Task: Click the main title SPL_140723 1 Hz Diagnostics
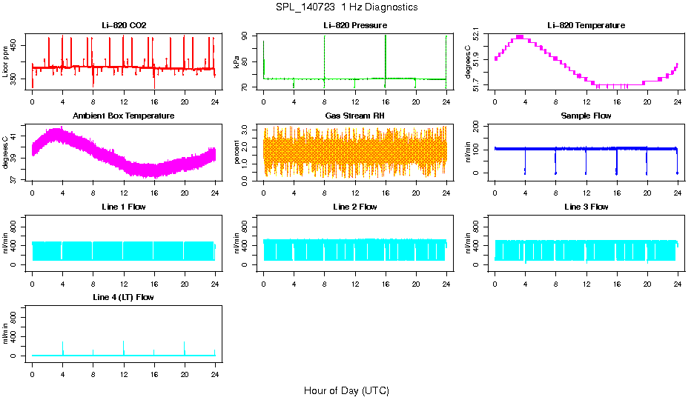[x=346, y=7]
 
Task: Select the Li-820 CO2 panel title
[x=124, y=25]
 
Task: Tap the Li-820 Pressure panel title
[x=355, y=25]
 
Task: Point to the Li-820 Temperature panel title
[x=586, y=25]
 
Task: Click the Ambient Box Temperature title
[x=124, y=116]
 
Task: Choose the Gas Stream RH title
[x=355, y=116]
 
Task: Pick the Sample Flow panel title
[x=586, y=116]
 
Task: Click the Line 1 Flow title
[x=124, y=207]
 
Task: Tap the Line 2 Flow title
[x=355, y=207]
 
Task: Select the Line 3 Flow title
[x=586, y=207]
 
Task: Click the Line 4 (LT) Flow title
[x=124, y=297]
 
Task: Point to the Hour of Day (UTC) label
[x=346, y=390]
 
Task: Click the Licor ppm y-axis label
[x=6, y=62]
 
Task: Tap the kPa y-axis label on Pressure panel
[x=237, y=62]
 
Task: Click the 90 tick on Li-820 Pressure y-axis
[x=249, y=36]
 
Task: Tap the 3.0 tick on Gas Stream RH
[x=249, y=130]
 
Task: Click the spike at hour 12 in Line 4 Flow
[x=124, y=347]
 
